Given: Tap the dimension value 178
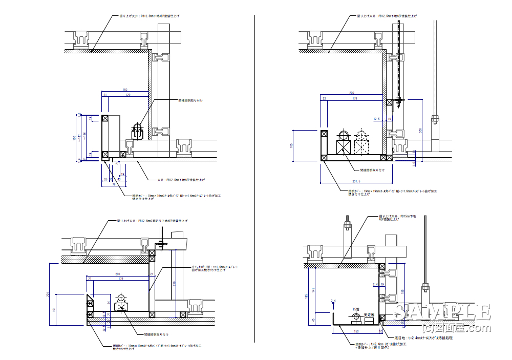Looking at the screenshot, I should coord(354,98).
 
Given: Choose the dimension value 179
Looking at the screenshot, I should coord(120,279).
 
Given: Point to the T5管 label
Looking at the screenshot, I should coord(356,309).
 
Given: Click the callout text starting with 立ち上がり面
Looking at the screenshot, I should coord(215,269).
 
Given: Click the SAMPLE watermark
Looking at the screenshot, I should coord(443,311).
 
